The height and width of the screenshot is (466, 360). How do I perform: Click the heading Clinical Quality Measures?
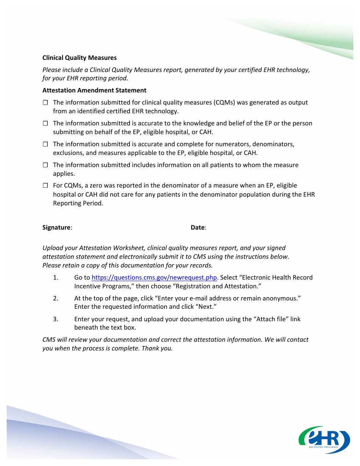pos(79,58)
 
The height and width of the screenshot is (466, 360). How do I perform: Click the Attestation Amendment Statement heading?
pos(94,90)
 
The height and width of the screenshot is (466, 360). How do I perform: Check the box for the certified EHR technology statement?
pos(45,103)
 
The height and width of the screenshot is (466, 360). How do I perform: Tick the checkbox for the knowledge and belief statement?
pos(45,124)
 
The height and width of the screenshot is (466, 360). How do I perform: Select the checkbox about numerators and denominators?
pos(45,144)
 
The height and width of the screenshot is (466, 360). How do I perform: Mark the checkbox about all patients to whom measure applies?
pos(45,165)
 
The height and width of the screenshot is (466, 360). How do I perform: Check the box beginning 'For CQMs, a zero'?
pos(45,186)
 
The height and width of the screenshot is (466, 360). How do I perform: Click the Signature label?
pos(57,228)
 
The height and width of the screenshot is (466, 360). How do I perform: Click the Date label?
pos(198,228)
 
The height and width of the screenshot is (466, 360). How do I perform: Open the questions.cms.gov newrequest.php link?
pos(154,278)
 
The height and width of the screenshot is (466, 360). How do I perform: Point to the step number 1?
pos(56,278)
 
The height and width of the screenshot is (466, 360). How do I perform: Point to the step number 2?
pos(56,299)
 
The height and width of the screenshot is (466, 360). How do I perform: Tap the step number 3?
pos(56,319)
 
